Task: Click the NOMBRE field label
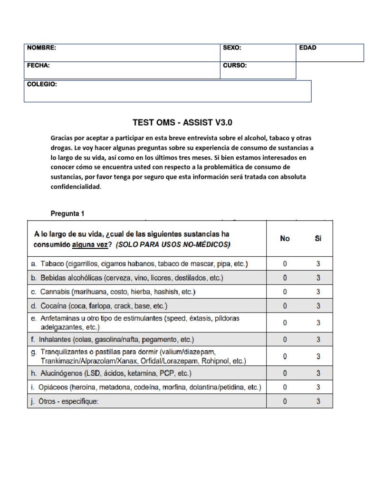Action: click(41, 48)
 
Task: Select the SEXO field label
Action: click(232, 48)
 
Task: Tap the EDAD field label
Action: click(307, 48)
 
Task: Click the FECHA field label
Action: click(38, 66)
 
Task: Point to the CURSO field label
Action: click(235, 66)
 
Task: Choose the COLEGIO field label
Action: click(42, 84)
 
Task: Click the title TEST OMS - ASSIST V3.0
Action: click(182, 122)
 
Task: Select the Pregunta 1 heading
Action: click(67, 214)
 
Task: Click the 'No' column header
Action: click(285, 239)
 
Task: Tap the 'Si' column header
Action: click(318, 239)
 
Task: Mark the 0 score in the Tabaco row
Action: click(285, 263)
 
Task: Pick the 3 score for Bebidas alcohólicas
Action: click(318, 278)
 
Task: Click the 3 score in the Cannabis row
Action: click(318, 292)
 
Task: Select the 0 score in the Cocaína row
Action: click(285, 306)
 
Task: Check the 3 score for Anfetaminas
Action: click(318, 323)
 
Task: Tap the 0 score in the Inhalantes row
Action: click(285, 340)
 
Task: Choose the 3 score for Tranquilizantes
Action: click(318, 356)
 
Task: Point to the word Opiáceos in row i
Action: click(55, 387)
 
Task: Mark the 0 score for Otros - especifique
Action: click(285, 401)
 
